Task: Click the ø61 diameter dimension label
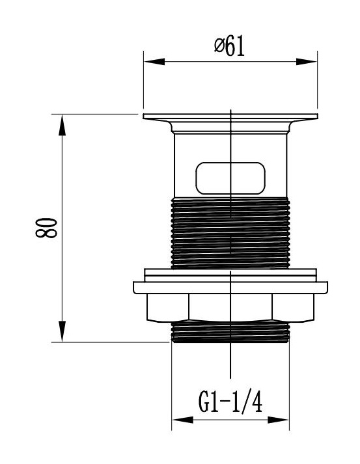(229, 47)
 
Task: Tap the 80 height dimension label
(46, 228)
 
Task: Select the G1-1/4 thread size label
(230, 402)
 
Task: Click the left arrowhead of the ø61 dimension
(154, 62)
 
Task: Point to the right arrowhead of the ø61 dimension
(307, 62)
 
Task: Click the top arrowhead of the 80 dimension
(62, 125)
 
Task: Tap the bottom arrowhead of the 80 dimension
(62, 331)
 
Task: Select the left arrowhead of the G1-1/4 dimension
(183, 420)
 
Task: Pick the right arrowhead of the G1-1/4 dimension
(278, 420)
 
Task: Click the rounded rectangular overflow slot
(230, 178)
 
